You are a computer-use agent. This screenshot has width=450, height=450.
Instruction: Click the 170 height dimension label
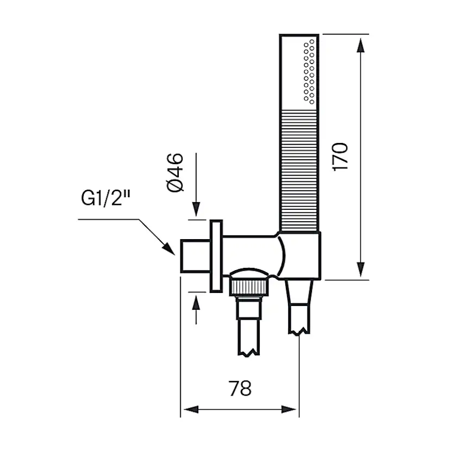[340, 158]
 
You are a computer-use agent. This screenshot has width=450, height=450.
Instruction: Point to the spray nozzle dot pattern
[309, 71]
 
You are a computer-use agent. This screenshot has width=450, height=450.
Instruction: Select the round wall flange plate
[216, 256]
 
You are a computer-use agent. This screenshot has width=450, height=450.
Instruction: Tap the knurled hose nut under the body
[248, 286]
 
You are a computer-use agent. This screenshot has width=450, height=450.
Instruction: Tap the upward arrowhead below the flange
[197, 302]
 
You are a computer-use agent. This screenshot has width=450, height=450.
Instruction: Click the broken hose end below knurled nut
[248, 337]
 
